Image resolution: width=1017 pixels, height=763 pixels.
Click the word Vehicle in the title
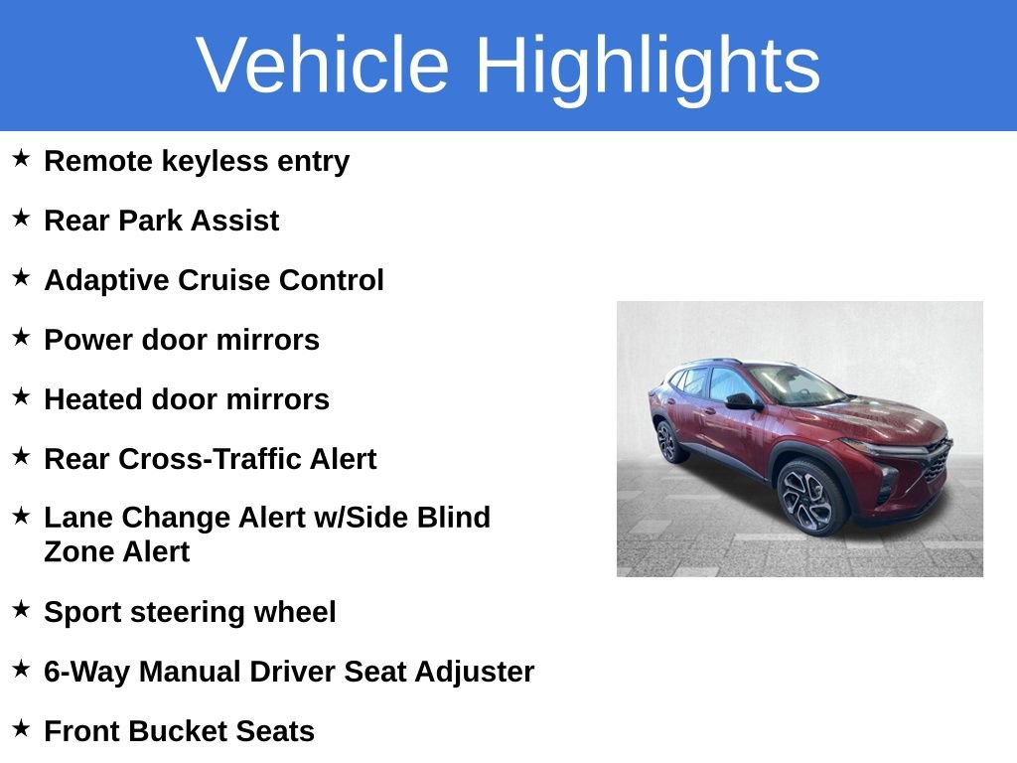(x=323, y=66)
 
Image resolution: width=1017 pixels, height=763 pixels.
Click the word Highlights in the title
(x=648, y=66)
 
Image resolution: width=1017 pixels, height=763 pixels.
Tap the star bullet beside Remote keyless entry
(x=21, y=158)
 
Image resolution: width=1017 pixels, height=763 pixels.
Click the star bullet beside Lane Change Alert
(x=21, y=516)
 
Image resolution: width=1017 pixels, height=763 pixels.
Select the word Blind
(x=455, y=518)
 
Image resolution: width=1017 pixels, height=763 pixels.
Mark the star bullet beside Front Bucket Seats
(x=21, y=728)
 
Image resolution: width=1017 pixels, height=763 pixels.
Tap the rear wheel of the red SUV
(x=667, y=442)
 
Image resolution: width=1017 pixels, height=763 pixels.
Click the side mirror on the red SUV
(x=739, y=400)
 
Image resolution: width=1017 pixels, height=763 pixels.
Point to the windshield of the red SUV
(x=795, y=384)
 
